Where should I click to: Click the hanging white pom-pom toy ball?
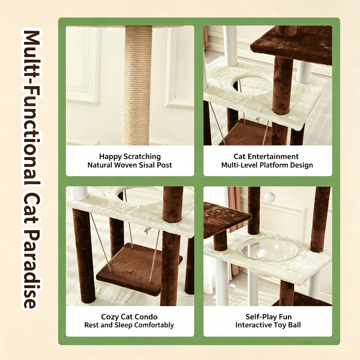270,197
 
